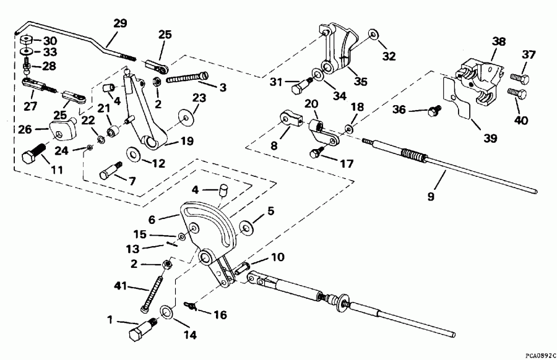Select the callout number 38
pyautogui.click(x=499, y=42)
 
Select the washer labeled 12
pyautogui.click(x=132, y=154)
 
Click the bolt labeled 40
pyautogui.click(x=517, y=94)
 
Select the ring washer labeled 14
pyautogui.click(x=167, y=311)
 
